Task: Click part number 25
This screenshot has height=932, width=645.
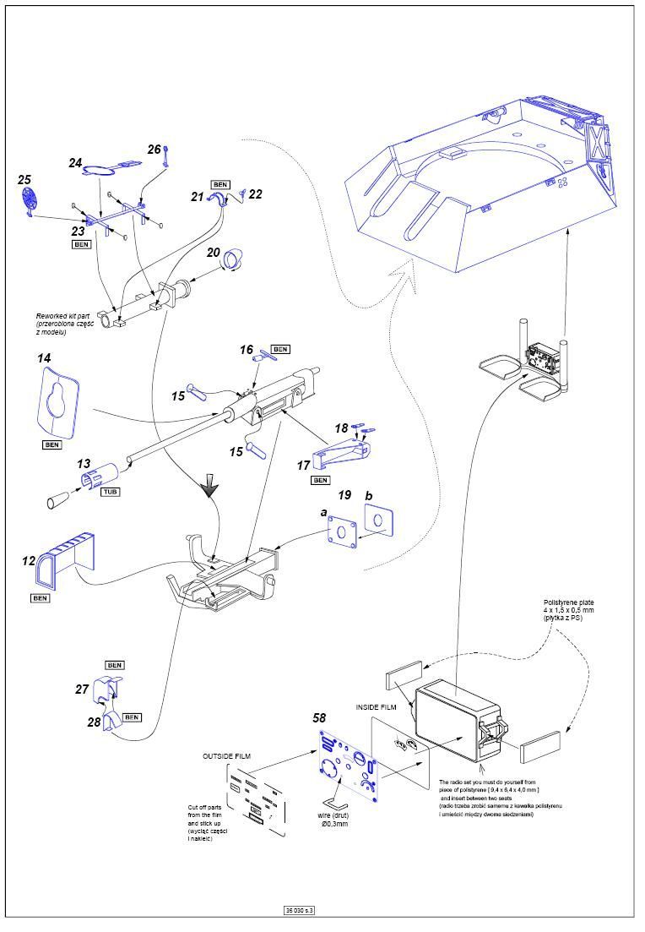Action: [24, 180]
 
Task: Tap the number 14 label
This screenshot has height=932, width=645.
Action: [45, 358]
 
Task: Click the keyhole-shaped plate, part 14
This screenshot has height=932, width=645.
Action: [57, 398]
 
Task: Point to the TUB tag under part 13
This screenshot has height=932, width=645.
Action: [110, 491]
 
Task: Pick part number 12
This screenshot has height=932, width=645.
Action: [30, 560]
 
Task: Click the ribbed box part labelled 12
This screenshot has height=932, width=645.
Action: [64, 559]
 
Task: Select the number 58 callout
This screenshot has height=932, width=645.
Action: [319, 718]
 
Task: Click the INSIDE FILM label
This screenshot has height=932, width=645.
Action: [375, 706]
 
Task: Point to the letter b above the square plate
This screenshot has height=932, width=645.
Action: [368, 494]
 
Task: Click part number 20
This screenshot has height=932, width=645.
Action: [214, 253]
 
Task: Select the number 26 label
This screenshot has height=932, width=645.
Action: [154, 150]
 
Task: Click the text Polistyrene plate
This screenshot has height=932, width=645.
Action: [567, 604]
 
